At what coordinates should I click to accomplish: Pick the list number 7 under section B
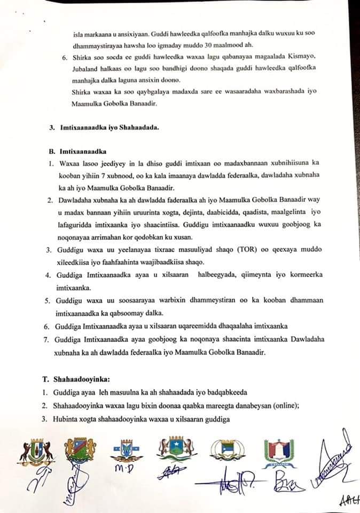pyautogui.click(x=48, y=340)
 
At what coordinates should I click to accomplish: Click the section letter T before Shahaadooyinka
pyautogui.click(x=45, y=379)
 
